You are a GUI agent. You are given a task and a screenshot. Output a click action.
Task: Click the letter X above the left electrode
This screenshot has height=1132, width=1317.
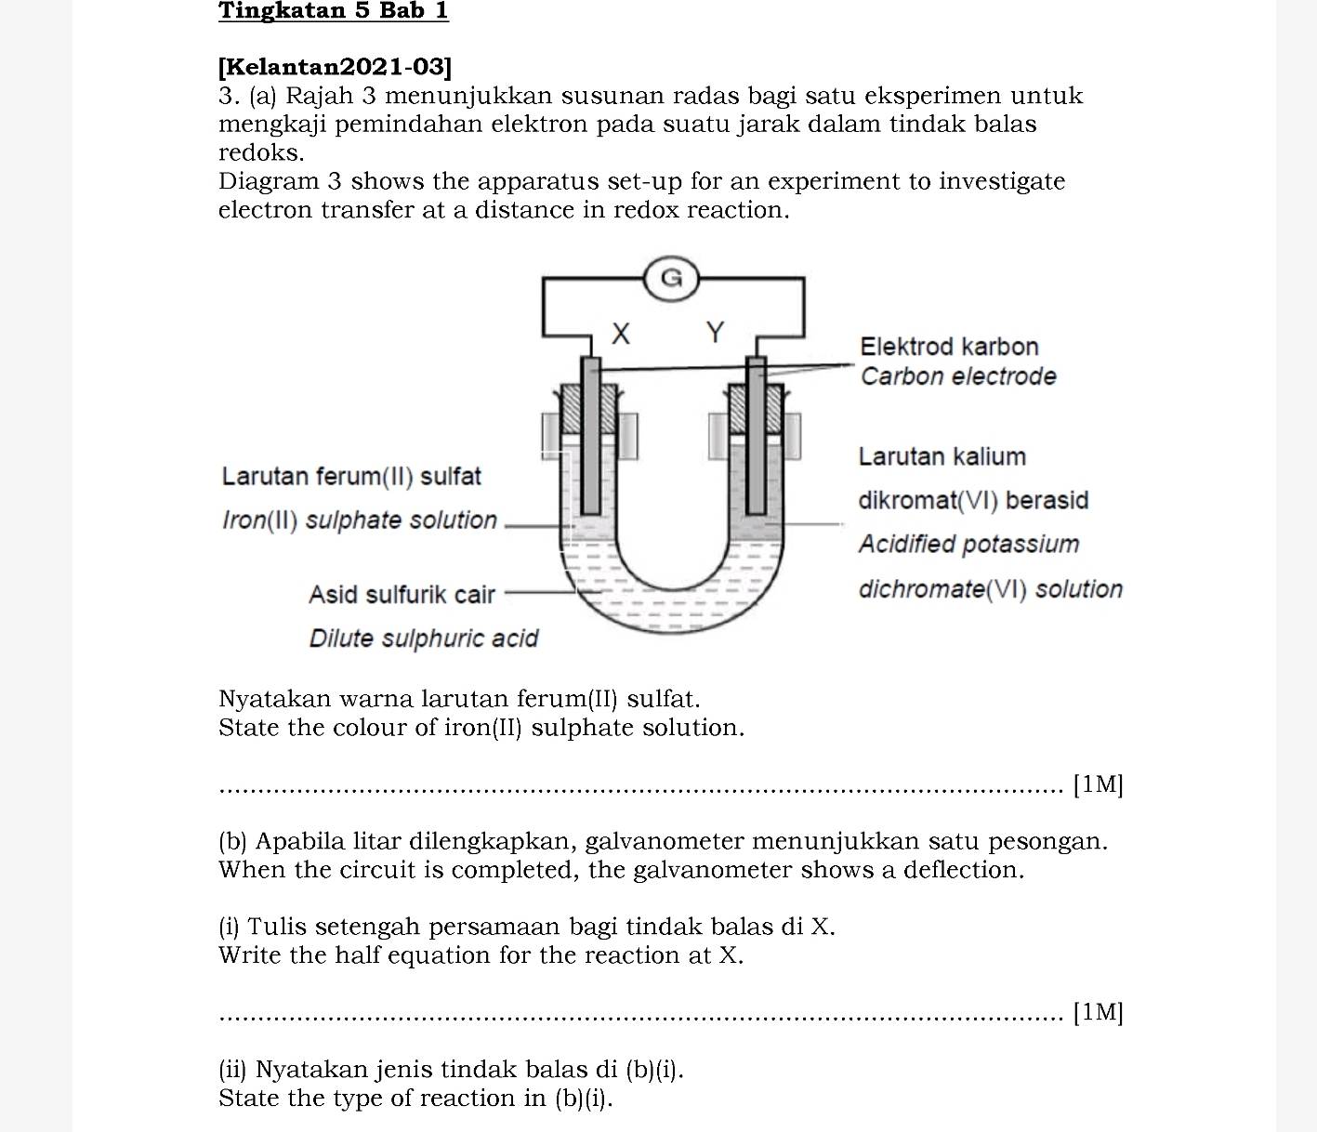[x=621, y=333]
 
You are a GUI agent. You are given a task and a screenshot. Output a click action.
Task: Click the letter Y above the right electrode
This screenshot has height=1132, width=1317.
[x=714, y=332]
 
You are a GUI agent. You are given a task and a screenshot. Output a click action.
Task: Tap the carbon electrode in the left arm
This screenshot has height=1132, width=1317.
[x=590, y=437]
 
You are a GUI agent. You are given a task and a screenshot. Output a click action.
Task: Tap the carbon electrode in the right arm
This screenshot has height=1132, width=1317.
[x=757, y=437]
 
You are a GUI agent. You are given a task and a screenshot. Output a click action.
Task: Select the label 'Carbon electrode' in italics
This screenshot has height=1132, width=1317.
[x=957, y=376]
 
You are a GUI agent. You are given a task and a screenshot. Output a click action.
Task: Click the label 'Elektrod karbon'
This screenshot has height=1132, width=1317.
[x=948, y=347]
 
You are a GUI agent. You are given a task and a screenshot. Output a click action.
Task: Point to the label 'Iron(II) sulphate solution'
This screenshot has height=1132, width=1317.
[x=360, y=520]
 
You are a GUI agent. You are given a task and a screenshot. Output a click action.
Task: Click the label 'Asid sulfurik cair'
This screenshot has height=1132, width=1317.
[x=402, y=594]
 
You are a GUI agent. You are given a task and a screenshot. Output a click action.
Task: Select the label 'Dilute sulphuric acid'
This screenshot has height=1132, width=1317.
[x=423, y=638]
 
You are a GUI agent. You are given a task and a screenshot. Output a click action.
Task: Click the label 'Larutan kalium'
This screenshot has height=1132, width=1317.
[x=942, y=456]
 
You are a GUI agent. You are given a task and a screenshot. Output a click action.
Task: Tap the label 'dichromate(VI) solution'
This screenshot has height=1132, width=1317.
[x=990, y=589]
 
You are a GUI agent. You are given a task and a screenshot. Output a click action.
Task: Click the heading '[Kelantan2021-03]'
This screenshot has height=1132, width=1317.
[x=335, y=67]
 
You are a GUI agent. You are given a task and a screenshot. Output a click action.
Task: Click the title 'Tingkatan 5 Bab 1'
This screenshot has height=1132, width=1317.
[x=333, y=11]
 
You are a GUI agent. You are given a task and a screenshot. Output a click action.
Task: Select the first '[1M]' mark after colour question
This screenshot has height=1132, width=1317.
[x=1098, y=785]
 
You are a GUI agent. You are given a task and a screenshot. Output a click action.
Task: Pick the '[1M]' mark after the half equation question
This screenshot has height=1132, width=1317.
[x=1098, y=1012]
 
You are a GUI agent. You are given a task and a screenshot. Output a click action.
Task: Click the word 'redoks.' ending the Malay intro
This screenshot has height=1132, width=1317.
[x=261, y=152]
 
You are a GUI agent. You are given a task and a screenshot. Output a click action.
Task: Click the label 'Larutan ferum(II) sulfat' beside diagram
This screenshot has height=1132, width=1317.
[x=351, y=477]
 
